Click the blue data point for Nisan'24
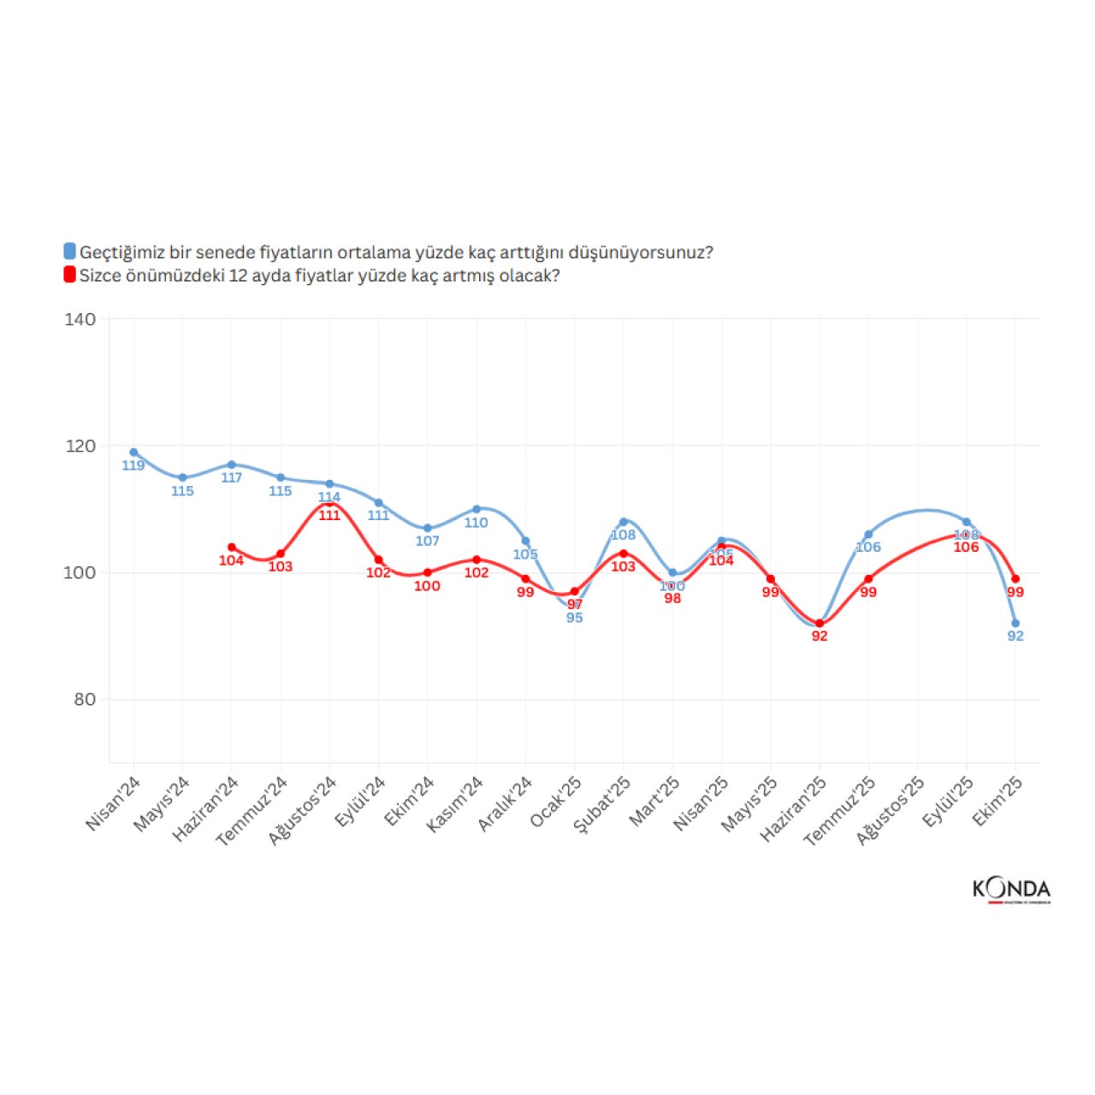pos(133,453)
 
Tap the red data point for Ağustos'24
pos(329,504)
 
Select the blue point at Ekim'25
pos(1015,624)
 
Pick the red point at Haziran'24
pos(232,547)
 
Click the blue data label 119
pos(133,466)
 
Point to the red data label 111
pos(329,516)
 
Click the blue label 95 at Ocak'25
pos(575,618)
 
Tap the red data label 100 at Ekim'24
pos(427,586)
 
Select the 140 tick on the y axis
pos(80,319)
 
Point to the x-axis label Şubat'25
pos(602,803)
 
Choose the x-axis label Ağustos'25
pos(891,810)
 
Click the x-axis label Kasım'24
pos(456,803)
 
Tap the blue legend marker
pos(70,252)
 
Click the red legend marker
pos(70,275)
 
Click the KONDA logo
pos(1011,890)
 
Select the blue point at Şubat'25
pos(624,522)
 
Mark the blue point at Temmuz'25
pos(868,535)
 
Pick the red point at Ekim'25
pos(1015,579)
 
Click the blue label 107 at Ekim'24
pos(427,542)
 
